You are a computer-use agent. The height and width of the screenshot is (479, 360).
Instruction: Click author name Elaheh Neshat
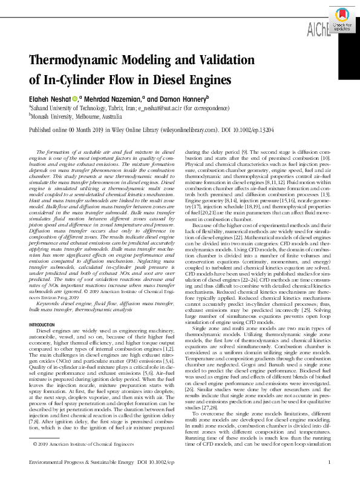49,99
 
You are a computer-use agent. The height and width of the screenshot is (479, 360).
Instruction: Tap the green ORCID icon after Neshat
74,99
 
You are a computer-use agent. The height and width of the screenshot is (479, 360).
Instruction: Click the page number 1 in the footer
328,463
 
